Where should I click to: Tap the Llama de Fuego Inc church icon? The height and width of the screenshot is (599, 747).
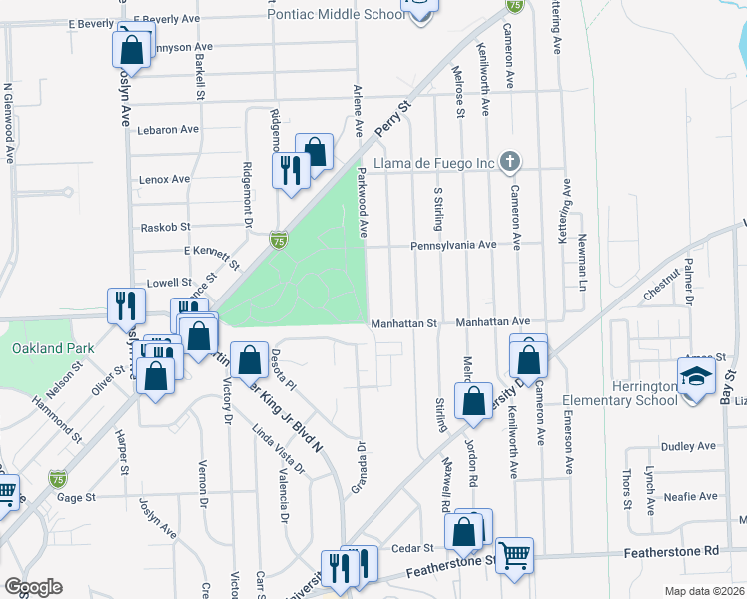pos(510,162)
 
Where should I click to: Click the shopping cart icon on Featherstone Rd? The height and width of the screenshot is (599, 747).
pos(514,554)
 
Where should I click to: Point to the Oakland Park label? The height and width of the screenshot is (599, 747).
pos(53,349)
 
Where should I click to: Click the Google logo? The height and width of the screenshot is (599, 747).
pos(33,587)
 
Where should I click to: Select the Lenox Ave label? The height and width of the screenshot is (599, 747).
pos(166,179)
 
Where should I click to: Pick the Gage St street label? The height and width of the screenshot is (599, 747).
pos(76,496)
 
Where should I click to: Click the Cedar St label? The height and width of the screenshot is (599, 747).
pos(411,548)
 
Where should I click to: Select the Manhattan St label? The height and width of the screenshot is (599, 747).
pos(404,323)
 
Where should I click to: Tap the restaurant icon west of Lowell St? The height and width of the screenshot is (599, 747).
pos(124,303)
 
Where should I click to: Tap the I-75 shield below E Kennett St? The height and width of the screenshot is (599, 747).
pos(279,241)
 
